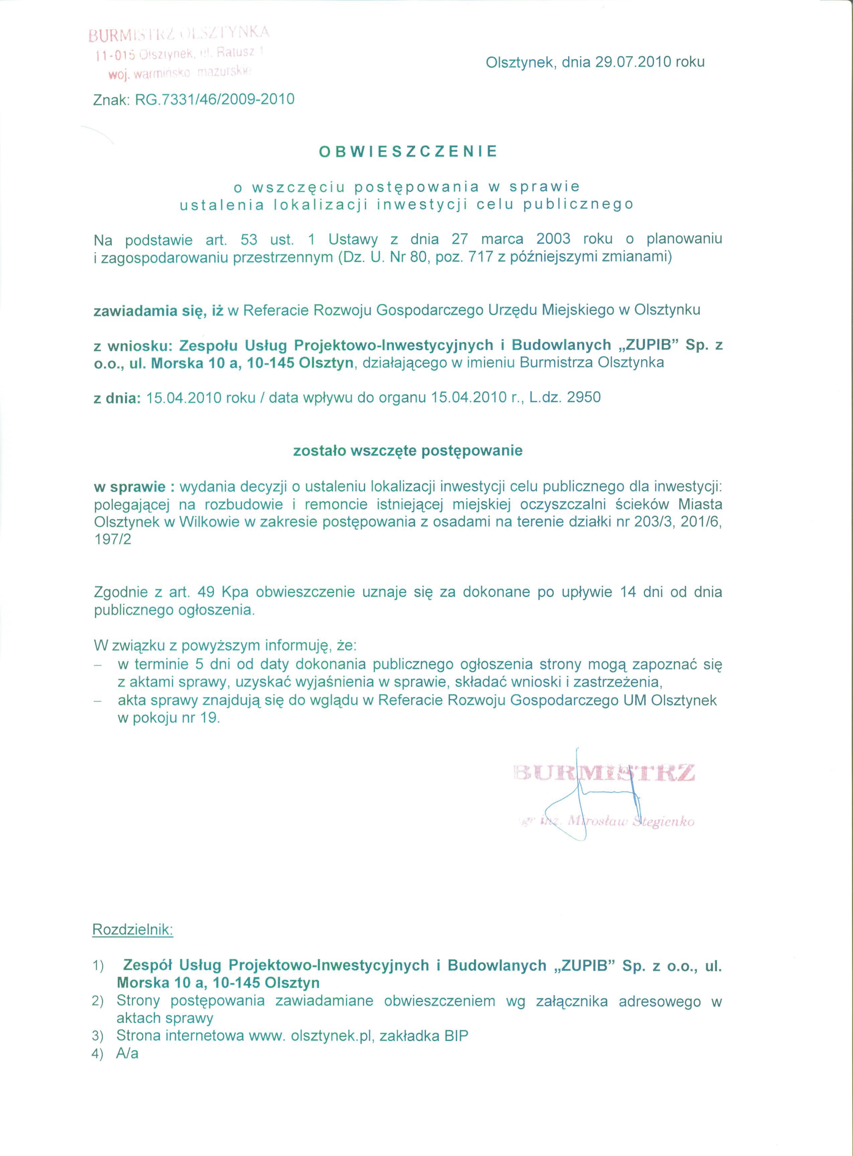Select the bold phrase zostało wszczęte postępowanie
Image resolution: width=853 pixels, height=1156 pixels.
(408, 451)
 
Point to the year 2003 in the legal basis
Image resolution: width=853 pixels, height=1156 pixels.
(553, 239)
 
